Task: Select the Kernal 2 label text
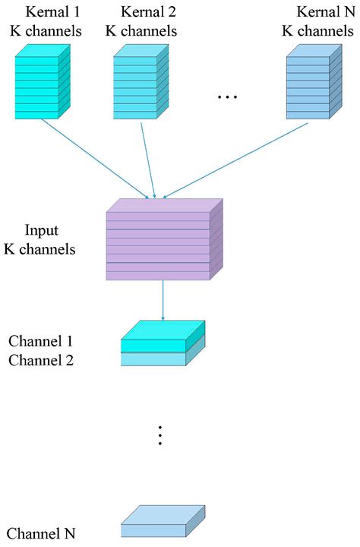[148, 13]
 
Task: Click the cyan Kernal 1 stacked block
[42, 82]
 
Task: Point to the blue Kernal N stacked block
[311, 82]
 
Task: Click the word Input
[42, 230]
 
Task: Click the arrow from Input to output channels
[163, 300]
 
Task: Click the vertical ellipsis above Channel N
[160, 435]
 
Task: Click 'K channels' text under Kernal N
[318, 31]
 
